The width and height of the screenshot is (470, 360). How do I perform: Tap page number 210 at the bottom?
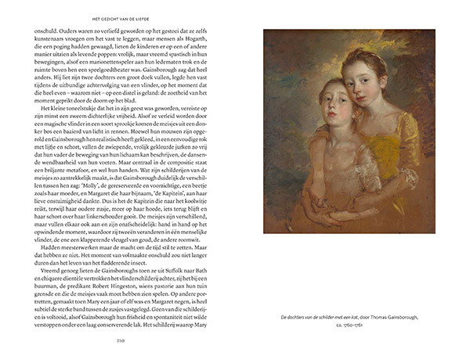click(119, 341)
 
